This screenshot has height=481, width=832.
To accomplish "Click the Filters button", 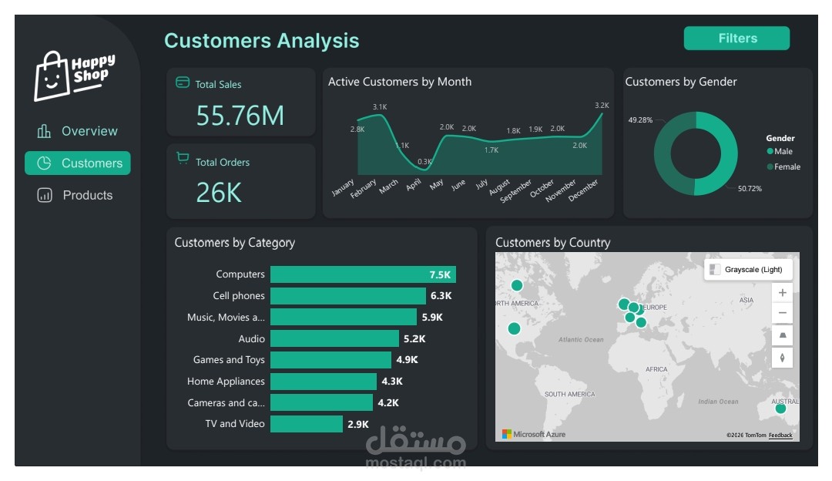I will click(736, 39).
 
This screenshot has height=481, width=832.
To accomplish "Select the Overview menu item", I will click(78, 131).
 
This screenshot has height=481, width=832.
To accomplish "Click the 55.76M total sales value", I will click(240, 116).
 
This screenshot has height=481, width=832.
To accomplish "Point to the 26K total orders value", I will click(219, 193).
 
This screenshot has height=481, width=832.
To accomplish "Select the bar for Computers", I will click(362, 274).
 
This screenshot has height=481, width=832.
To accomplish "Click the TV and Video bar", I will click(306, 424).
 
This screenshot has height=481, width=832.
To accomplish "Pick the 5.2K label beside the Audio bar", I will click(414, 338).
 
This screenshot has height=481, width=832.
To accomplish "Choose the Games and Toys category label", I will click(229, 360).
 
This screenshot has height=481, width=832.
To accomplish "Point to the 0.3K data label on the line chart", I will click(424, 162).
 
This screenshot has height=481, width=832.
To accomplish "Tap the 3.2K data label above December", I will click(602, 105).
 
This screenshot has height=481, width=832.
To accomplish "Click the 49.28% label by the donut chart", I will click(639, 120).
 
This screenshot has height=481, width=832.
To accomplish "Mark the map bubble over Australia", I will click(780, 409).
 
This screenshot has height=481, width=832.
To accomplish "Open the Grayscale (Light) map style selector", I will click(748, 270).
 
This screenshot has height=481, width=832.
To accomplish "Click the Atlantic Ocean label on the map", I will click(581, 339).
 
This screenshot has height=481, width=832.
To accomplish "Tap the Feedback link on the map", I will click(780, 436).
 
